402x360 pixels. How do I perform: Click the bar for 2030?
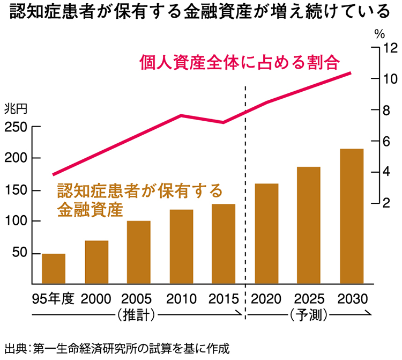tap(352, 216)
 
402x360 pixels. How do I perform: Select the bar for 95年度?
tap(54, 269)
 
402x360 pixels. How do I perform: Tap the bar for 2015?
tap(224, 244)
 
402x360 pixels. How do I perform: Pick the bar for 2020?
tap(266, 233)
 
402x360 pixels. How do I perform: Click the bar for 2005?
tap(139, 252)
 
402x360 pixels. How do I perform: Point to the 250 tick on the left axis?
tap(36, 126)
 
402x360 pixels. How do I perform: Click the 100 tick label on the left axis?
tap(16, 221)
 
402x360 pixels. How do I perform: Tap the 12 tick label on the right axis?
tap(390, 48)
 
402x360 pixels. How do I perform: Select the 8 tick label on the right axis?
tap(386, 111)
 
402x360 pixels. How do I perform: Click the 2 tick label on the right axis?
tap(386, 203)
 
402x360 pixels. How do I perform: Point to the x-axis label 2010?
tap(181, 299)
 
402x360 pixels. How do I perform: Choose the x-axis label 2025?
tap(309, 299)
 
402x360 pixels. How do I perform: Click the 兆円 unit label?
tap(16, 109)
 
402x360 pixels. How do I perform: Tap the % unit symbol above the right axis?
tap(379, 34)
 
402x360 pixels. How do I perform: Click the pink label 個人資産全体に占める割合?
tap(240, 62)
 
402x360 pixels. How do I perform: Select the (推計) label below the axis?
tap(136, 314)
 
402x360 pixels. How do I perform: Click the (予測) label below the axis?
tap(309, 314)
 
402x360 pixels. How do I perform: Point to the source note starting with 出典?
tap(117, 349)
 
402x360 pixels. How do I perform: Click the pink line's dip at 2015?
tap(224, 122)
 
